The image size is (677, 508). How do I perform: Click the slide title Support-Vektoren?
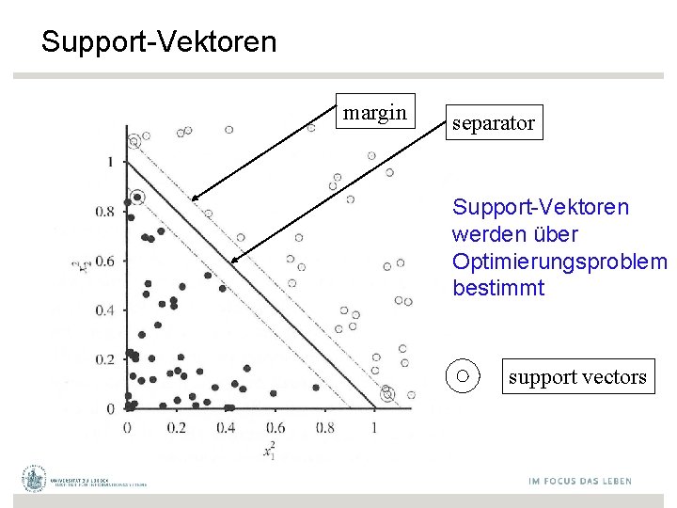(159, 42)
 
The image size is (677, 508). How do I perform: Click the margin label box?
(374, 114)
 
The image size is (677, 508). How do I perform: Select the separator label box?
(493, 122)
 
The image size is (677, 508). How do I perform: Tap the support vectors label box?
(577, 377)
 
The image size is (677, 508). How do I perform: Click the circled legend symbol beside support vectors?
(463, 376)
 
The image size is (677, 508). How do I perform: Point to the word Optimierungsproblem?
(559, 261)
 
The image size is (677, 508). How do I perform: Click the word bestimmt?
(497, 288)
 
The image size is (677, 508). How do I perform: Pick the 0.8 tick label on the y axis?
(104, 212)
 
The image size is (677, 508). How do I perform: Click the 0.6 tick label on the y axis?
(104, 261)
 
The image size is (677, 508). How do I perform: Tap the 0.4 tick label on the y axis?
(104, 310)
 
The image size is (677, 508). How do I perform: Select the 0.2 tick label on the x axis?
(176, 428)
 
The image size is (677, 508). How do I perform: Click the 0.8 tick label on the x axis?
(324, 428)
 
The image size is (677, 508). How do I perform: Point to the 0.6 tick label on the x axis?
(276, 428)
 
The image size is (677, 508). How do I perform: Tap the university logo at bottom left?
(36, 479)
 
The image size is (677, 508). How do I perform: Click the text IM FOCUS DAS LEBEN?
(579, 481)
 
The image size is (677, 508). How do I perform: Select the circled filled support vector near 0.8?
(137, 198)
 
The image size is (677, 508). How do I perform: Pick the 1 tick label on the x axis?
(374, 428)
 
